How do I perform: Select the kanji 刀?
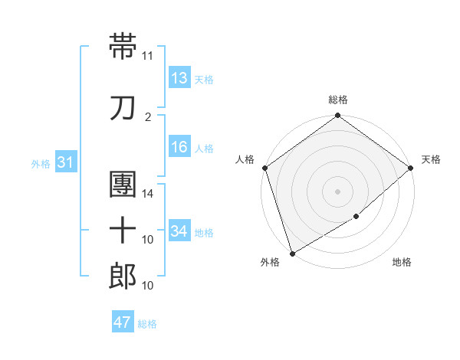(123, 108)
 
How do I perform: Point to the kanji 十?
(123, 231)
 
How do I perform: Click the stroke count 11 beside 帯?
(147, 56)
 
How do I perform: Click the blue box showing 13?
(179, 77)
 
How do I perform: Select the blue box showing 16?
(179, 147)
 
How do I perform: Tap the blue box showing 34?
(179, 231)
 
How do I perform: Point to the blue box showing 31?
(66, 162)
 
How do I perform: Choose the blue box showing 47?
(123, 322)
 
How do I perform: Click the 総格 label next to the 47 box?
(147, 324)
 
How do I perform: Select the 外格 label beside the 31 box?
(41, 163)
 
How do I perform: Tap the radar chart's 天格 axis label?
(431, 159)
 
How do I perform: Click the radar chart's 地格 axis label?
(402, 263)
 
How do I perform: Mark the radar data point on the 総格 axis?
(337, 116)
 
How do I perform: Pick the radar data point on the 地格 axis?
(356, 218)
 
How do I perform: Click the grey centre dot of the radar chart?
(337, 191)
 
